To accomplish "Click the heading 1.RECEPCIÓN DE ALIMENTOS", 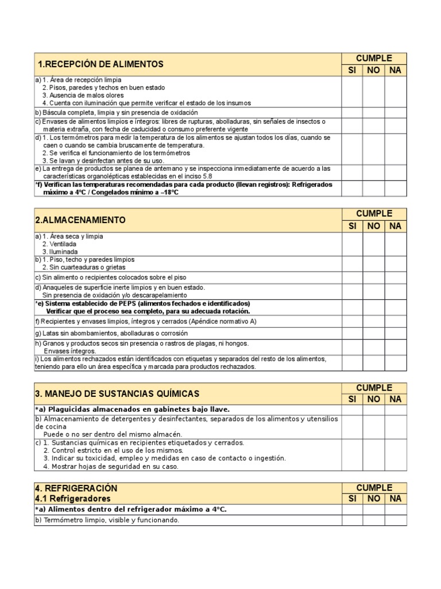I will pyautogui.click(x=100, y=64).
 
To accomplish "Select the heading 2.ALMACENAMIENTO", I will pyautogui.click(x=80, y=220).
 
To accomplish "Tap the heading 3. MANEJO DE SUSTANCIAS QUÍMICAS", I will pyautogui.click(x=118, y=394).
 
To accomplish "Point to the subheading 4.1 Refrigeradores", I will pyautogui.click(x=73, y=498).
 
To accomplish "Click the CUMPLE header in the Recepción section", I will pyautogui.click(x=374, y=58).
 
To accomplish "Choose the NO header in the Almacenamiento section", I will pyautogui.click(x=373, y=226).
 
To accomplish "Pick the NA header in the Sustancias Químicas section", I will pyautogui.click(x=395, y=399).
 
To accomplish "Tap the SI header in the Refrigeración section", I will pyautogui.click(x=353, y=499).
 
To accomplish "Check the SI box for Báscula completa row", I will pyautogui.click(x=353, y=113).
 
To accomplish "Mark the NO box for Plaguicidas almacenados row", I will pyautogui.click(x=373, y=410).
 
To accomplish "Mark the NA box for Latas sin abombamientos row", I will pyautogui.click(x=395, y=333).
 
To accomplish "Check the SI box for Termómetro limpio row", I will pyautogui.click(x=353, y=520).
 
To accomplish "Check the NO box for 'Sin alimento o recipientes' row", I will pyautogui.click(x=373, y=278).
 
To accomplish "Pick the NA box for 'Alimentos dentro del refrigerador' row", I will pyautogui.click(x=395, y=509).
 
